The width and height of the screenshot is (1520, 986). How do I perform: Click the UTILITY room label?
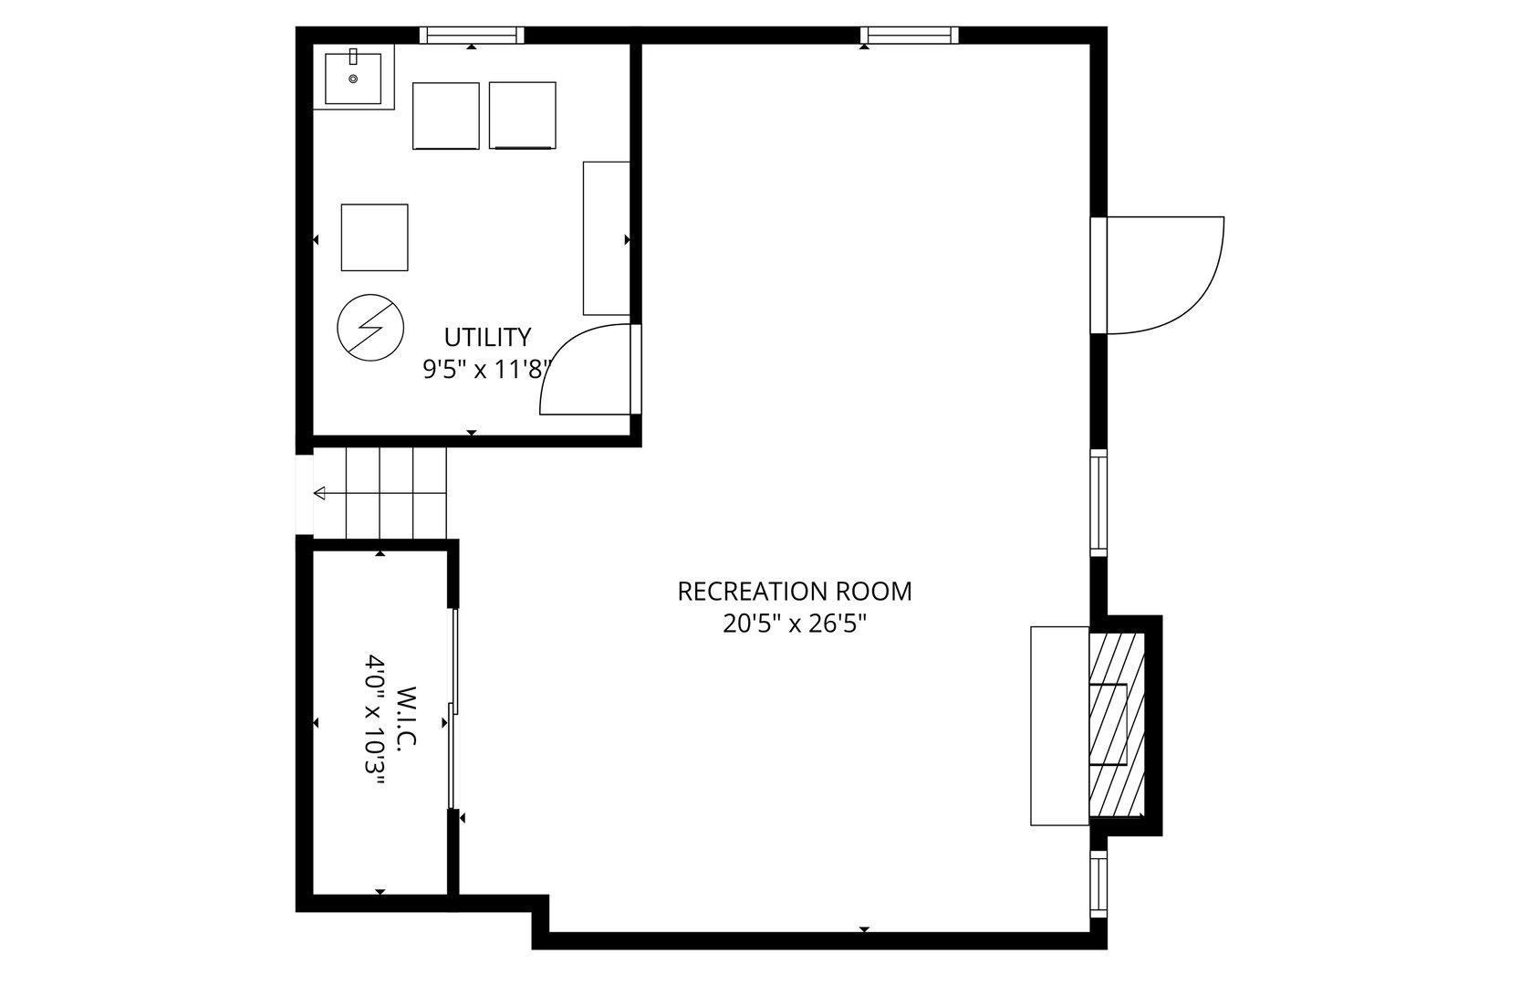click(487, 337)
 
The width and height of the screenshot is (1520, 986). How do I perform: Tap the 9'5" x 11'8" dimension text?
click(487, 370)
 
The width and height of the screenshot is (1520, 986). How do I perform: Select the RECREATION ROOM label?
click(794, 592)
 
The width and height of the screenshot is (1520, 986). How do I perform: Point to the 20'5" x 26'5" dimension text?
click(794, 624)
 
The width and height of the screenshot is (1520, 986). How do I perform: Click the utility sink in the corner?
click(353, 79)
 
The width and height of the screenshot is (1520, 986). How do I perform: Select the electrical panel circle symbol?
click(370, 328)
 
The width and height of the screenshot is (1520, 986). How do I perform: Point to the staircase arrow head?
click(319, 494)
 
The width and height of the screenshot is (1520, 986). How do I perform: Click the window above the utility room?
click(472, 36)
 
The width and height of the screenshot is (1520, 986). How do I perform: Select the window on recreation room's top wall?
click(909, 36)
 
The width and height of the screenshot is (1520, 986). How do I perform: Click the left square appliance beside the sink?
click(445, 115)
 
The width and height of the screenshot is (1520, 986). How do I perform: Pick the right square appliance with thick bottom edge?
click(522, 115)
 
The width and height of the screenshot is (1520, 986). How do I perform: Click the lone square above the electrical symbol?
click(374, 237)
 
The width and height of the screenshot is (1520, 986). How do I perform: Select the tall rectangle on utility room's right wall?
click(606, 238)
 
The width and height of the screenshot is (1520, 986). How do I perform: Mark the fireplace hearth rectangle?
click(1059, 726)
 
